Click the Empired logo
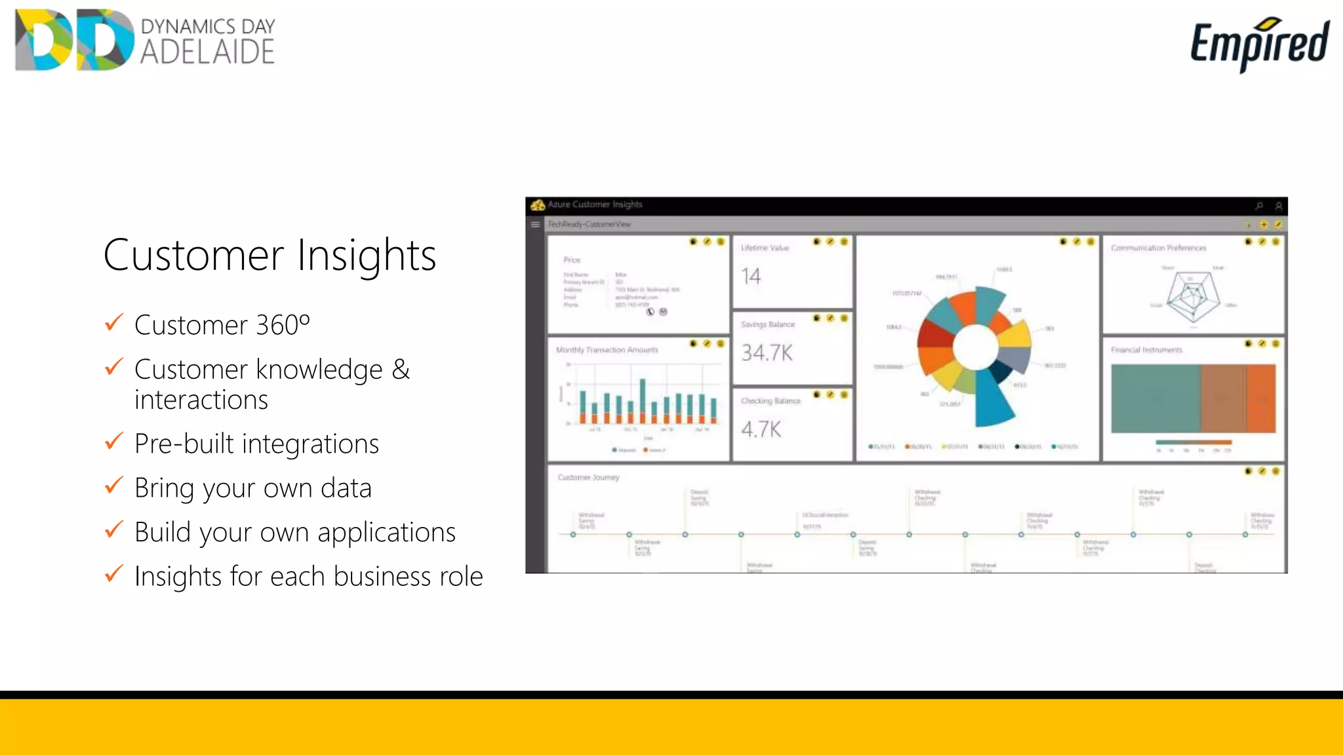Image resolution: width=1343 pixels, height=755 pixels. point(1259,43)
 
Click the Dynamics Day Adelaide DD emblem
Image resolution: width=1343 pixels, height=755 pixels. point(73,40)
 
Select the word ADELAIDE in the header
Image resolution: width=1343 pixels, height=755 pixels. point(207,52)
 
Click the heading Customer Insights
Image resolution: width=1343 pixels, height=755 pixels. point(270,255)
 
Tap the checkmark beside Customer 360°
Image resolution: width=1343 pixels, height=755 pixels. point(114,322)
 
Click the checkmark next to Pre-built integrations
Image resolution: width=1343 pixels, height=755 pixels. point(114,441)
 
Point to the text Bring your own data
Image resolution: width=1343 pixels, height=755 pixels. point(252,488)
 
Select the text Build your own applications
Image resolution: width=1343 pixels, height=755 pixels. point(294,532)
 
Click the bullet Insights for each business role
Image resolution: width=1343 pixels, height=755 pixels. point(308,577)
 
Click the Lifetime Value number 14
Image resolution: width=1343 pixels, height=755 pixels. point(751,276)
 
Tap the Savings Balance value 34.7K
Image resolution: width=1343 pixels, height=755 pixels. point(767,353)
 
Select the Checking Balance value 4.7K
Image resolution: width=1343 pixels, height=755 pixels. point(761,429)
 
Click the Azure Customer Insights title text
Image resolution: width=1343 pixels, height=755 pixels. point(594,204)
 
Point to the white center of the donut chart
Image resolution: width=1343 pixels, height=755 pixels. point(975,347)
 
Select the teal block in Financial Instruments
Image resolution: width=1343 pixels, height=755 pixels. point(1155,398)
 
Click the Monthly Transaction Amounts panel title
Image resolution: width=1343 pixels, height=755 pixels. point(607,350)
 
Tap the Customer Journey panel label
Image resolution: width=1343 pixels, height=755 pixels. point(588,477)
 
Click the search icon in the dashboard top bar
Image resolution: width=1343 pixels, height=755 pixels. point(1259,206)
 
